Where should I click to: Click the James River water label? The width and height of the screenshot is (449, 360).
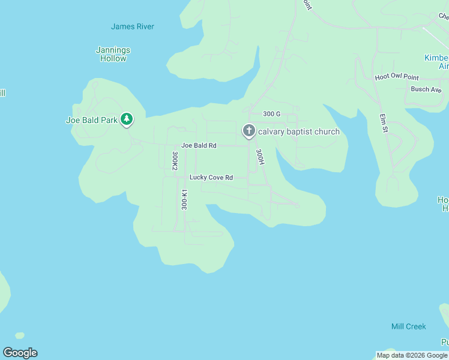pos(132,26)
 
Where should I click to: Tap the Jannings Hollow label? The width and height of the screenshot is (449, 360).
pos(113,55)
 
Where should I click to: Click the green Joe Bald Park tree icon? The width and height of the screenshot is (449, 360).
pos(126,119)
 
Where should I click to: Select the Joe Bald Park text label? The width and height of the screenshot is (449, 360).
pos(91,120)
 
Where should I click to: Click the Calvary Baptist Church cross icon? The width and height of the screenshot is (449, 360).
pos(249,130)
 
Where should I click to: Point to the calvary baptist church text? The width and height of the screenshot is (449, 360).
pos(299,132)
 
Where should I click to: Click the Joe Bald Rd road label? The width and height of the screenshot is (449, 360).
pos(199,146)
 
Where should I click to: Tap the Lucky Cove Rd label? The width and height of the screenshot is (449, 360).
pos(211,178)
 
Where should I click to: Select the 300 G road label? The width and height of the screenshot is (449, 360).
pos(271,114)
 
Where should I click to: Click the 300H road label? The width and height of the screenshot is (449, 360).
pos(259,157)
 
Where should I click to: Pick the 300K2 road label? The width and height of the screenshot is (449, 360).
pos(175,161)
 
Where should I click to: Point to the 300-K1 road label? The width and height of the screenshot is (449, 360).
pos(184,199)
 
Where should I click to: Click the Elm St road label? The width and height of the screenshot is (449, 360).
pos(383,122)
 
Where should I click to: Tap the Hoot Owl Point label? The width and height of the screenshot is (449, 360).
pos(396,77)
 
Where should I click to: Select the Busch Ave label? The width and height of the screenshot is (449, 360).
pos(426,89)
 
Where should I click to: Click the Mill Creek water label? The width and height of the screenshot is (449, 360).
pos(408,326)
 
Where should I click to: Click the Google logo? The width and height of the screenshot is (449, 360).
pos(20,353)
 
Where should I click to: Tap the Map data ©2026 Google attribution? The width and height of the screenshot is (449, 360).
pos(412,355)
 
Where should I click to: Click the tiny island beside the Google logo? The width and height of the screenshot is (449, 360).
pos(20,335)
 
